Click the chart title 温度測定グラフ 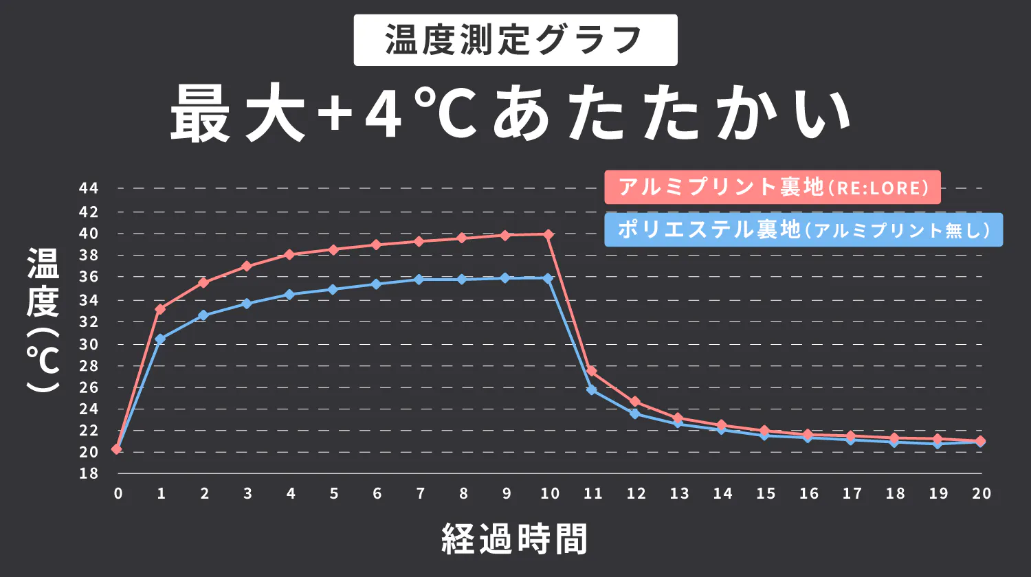point(515,40)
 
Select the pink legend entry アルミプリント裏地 point(773,188)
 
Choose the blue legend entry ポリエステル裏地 point(803,229)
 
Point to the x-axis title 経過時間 point(515,539)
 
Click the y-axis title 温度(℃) point(43,319)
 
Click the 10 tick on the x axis point(549,493)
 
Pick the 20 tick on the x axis point(982,493)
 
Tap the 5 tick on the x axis point(333,493)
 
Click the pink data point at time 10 point(548,235)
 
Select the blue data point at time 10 point(548,278)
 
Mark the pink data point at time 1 point(160,309)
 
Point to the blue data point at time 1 point(160,339)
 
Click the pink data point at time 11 point(592,371)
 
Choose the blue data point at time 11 point(592,390)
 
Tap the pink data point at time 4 point(289,254)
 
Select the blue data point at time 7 point(419,279)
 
